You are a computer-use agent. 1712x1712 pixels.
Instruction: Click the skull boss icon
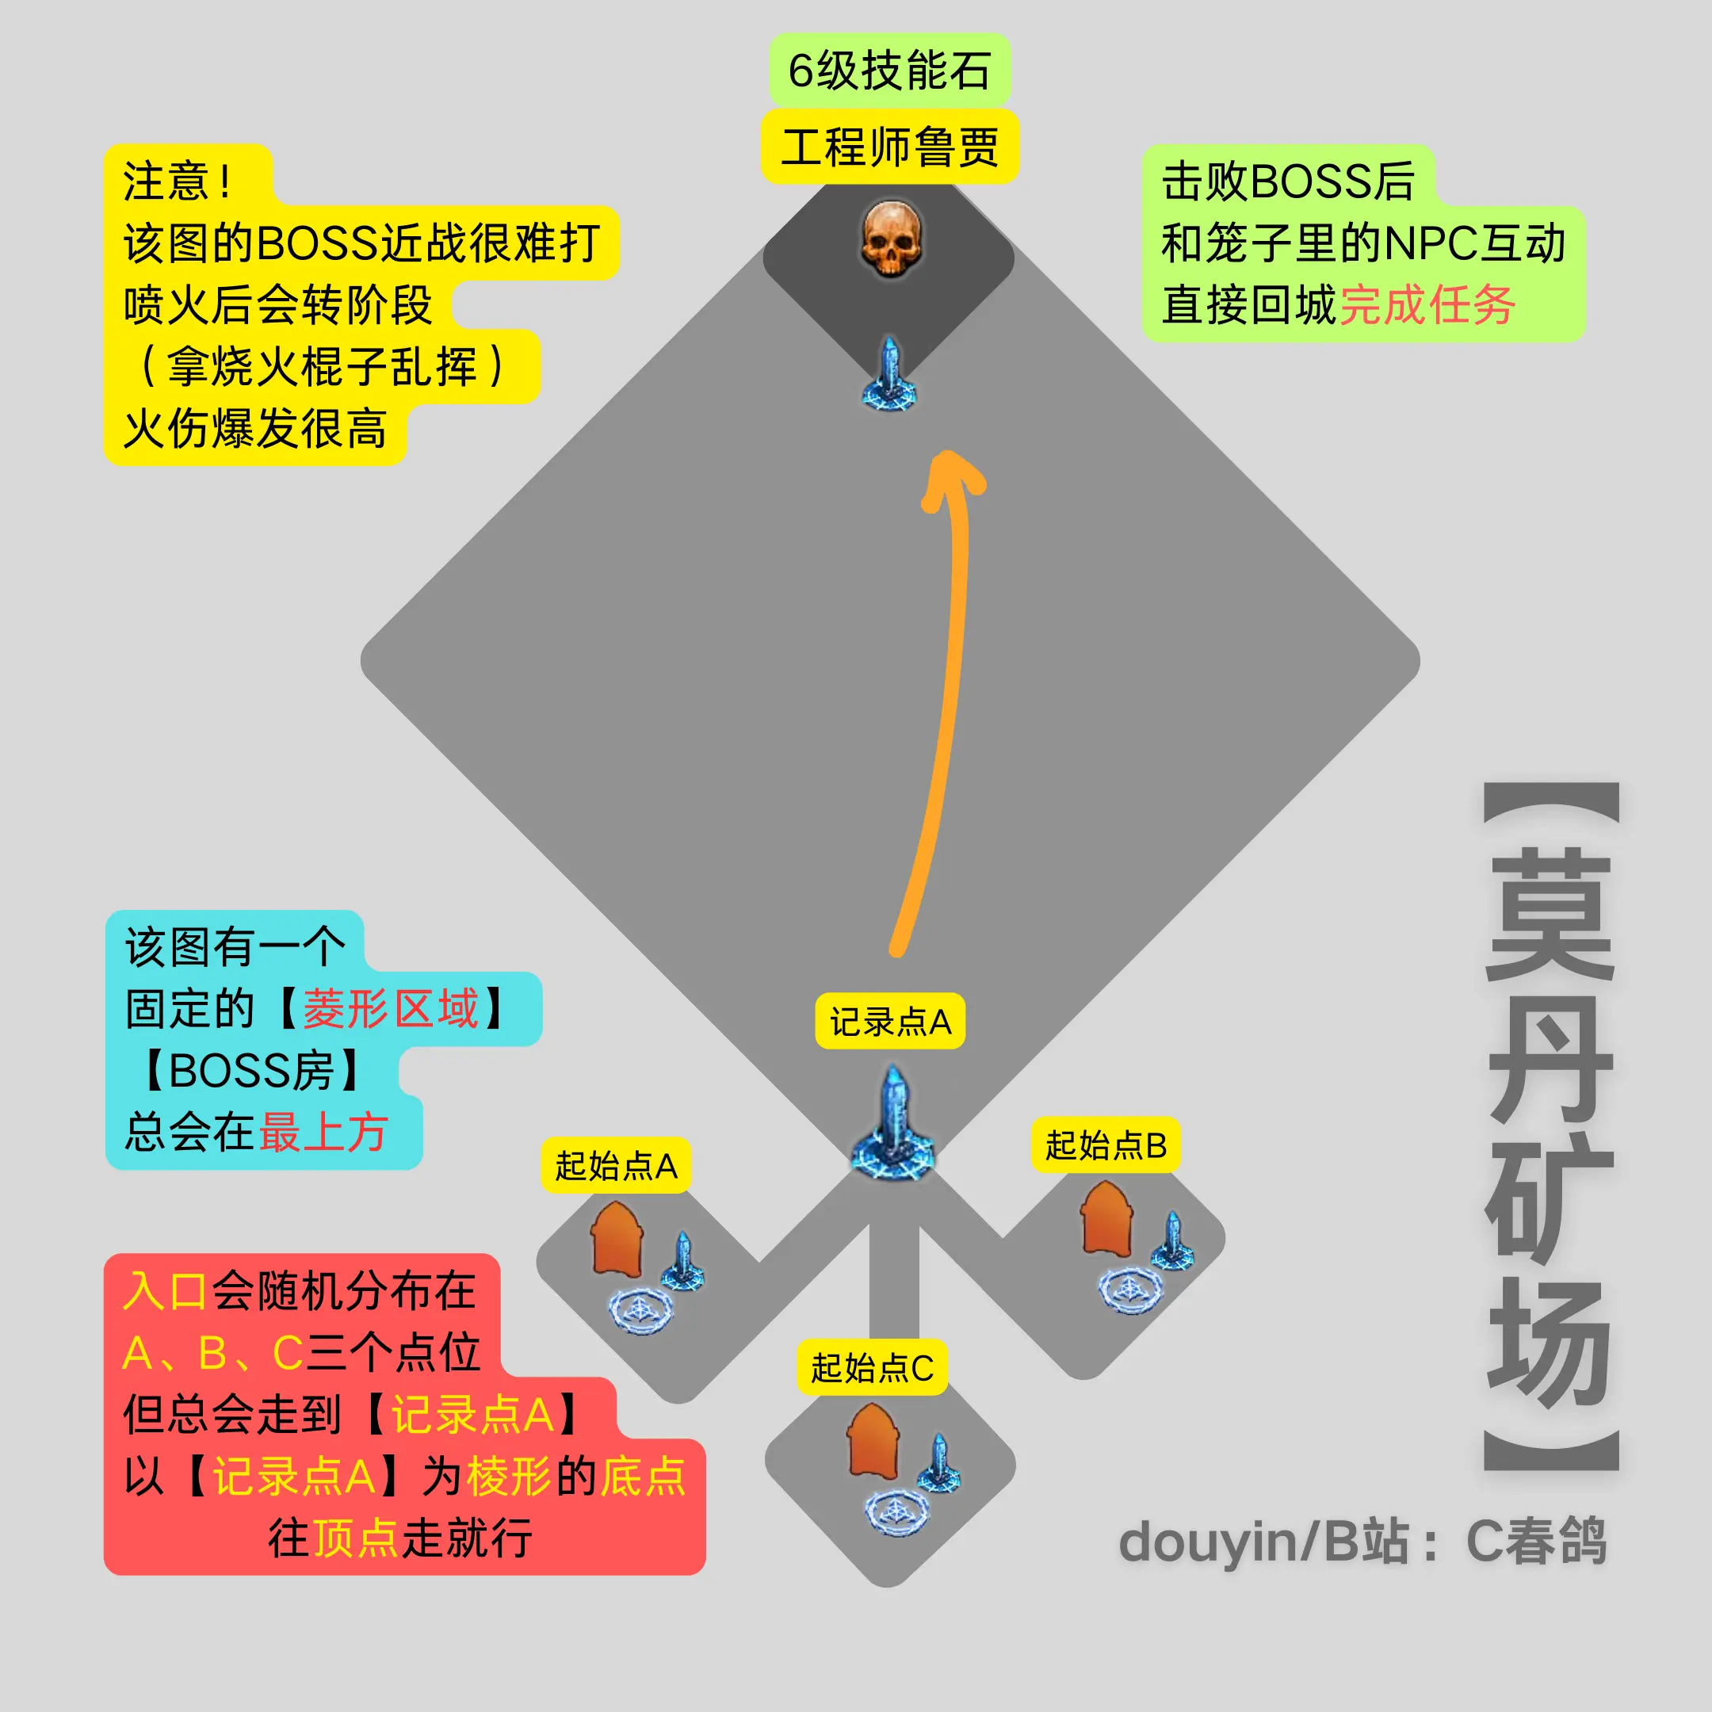tap(892, 239)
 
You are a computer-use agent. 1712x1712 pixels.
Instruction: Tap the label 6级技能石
tap(889, 71)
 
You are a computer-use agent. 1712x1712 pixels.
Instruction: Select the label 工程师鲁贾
tap(889, 147)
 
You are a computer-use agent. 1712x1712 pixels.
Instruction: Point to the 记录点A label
tap(891, 1022)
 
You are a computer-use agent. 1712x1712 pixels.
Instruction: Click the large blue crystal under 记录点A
tap(893, 1123)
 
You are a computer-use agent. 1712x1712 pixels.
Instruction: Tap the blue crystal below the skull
tap(888, 373)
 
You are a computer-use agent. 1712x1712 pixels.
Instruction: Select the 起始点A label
tap(616, 1165)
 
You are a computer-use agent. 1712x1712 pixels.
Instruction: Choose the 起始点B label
tap(1106, 1145)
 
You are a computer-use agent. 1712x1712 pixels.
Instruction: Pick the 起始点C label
tap(872, 1368)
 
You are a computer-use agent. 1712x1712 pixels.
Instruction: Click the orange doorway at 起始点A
tap(617, 1238)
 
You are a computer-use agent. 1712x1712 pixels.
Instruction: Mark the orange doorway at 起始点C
tap(873, 1441)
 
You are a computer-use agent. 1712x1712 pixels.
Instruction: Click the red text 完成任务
tap(1427, 306)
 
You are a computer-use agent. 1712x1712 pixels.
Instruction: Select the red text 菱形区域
tap(391, 1009)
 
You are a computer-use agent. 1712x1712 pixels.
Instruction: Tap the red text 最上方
tap(323, 1133)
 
